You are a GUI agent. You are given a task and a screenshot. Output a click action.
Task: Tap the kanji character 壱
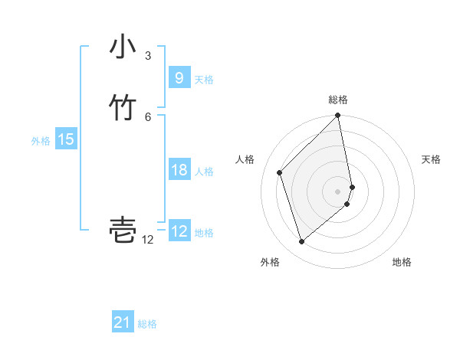coord(123,231)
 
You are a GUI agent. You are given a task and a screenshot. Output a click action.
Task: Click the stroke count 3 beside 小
coord(148,56)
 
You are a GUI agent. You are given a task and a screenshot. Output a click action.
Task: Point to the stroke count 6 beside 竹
coord(148,116)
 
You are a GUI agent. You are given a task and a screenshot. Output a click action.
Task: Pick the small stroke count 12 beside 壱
coord(148,240)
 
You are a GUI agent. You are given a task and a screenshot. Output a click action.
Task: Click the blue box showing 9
coord(179,77)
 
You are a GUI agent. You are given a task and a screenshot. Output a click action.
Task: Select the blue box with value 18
coord(179,170)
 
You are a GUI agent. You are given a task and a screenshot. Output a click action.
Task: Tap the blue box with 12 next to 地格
coord(179,231)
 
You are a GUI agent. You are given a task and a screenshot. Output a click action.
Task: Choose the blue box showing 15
coord(65,139)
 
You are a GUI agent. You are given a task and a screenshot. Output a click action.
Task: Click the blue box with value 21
coord(122,322)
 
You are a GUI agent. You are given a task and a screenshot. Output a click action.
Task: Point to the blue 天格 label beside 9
coord(204,80)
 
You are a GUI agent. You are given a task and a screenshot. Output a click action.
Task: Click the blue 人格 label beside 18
coord(205,172)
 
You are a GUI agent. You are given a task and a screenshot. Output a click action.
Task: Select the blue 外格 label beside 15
coord(41,141)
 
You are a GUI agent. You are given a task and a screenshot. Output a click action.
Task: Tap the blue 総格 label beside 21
coord(147,324)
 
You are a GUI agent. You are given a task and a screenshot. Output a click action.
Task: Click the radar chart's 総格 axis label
coord(338,100)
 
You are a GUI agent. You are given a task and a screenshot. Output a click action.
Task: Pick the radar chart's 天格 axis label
coord(431,159)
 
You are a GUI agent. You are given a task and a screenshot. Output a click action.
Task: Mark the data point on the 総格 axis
coord(338,116)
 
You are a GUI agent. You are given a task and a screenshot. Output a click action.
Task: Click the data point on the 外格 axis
coord(301,242)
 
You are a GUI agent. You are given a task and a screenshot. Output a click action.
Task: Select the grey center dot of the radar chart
coord(338,191)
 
